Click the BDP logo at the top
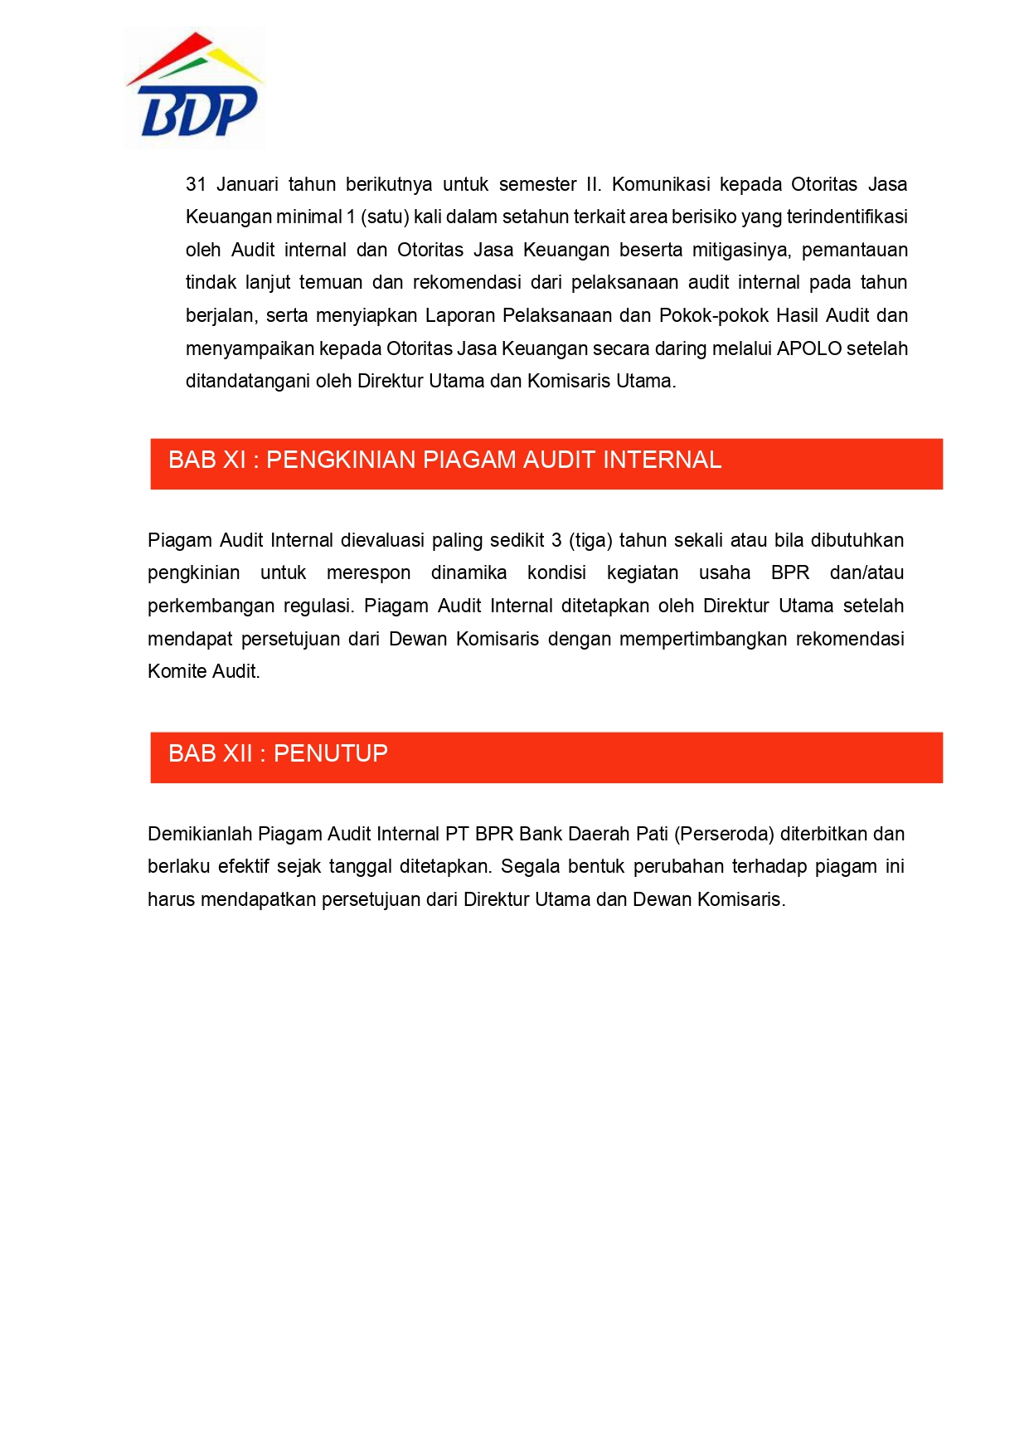pyautogui.click(x=196, y=88)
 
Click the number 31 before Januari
pyautogui.click(x=196, y=184)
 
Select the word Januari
pyautogui.click(x=247, y=184)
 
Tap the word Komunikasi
pyautogui.click(x=661, y=184)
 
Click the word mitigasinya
pyautogui.click(x=741, y=250)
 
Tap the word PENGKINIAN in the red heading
pyautogui.click(x=341, y=460)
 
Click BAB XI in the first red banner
pyautogui.click(x=206, y=460)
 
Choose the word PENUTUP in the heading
pyautogui.click(x=331, y=753)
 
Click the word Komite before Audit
pyautogui.click(x=177, y=671)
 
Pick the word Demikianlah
pyautogui.click(x=200, y=834)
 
